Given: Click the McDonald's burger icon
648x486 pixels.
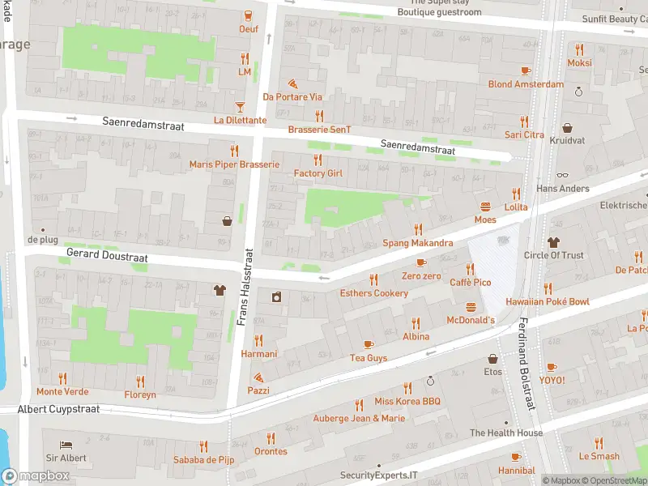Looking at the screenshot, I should tap(471, 307).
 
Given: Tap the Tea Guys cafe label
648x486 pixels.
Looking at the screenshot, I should tap(369, 357).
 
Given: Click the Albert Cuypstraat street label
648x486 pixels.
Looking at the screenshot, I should tap(58, 409).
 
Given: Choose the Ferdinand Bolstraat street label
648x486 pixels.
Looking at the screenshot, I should tap(524, 364).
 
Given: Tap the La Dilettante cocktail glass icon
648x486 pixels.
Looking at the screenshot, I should tap(240, 107).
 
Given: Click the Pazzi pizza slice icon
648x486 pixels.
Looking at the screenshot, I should tap(258, 377).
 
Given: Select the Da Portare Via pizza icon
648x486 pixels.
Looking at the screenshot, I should tap(292, 83).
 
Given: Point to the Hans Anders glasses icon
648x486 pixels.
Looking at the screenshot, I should tap(563, 175).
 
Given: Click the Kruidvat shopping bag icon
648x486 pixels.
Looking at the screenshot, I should tap(567, 128).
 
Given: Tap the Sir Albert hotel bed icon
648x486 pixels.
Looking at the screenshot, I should tap(66, 445).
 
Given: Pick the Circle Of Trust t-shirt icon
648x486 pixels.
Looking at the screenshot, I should tap(553, 241).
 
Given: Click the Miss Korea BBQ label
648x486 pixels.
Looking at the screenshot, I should tap(407, 402).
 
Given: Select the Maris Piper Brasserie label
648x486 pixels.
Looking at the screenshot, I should tap(234, 164).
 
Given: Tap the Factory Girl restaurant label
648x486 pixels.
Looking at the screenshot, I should tap(318, 173).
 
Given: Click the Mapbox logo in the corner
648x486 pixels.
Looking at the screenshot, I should tap(36, 475).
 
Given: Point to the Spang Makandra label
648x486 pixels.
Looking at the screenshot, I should tap(417, 243).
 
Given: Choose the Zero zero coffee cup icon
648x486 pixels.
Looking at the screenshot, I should tap(421, 262).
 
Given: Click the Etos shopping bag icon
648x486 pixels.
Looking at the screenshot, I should tap(492, 359).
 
